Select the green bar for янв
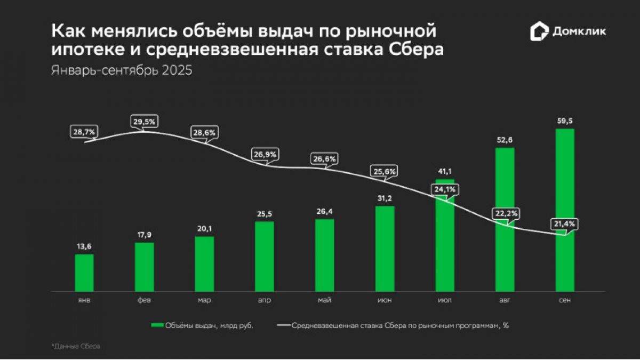84,273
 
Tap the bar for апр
265,256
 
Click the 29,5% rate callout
144,122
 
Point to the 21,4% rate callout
564,224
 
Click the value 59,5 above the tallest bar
565,121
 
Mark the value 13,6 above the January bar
84,246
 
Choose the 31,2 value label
385,198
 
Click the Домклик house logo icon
539,31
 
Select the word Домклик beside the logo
579,32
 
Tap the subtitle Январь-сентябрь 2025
122,71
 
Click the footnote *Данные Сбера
76,347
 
